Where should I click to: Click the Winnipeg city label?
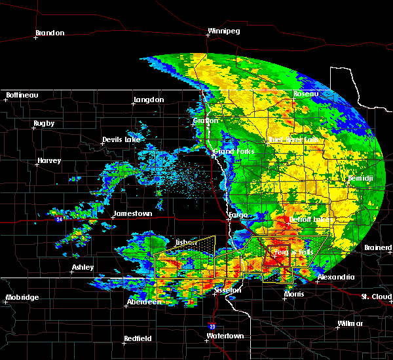click(x=223, y=31)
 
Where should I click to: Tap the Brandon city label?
click(x=50, y=33)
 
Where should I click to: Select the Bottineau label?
click(x=22, y=96)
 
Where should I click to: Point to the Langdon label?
click(x=148, y=100)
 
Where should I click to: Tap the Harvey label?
click(x=49, y=161)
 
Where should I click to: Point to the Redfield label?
click(x=139, y=338)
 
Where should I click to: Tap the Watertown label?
click(x=225, y=336)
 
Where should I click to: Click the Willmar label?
click(x=350, y=324)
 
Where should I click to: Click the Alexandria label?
click(x=335, y=278)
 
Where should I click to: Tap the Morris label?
click(x=293, y=295)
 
